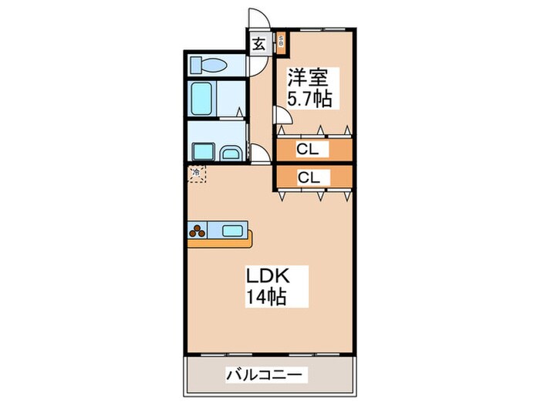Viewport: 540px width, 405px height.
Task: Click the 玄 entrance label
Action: [259, 45]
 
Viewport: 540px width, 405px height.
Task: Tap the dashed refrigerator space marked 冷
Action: [197, 174]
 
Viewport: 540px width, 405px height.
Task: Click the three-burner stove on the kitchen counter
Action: [197, 229]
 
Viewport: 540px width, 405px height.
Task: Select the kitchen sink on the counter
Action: [233, 229]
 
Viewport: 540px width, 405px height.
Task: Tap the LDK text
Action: [267, 275]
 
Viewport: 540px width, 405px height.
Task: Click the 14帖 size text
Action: [267, 297]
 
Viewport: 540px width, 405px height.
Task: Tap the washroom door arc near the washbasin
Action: [260, 152]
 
